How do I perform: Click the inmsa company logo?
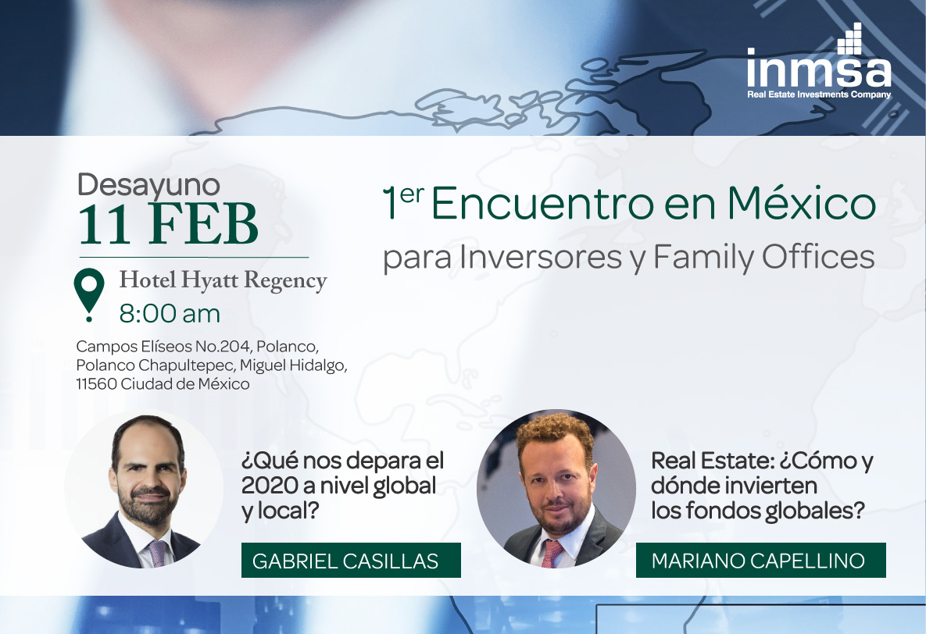tap(818, 62)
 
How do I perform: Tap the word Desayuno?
tap(148, 185)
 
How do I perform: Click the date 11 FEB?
tap(168, 224)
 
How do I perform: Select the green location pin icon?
tap(88, 295)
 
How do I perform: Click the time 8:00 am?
tap(170, 314)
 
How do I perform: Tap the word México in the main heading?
tap(802, 203)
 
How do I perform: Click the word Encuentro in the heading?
tap(542, 205)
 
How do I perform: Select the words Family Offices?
tap(764, 257)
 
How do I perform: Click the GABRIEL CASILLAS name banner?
tap(351, 560)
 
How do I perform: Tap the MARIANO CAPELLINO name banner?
tap(760, 560)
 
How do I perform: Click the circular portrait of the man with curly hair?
tap(556, 489)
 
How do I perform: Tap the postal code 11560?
tap(96, 384)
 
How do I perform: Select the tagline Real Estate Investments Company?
tap(818, 94)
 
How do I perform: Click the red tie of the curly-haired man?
tap(552, 554)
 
